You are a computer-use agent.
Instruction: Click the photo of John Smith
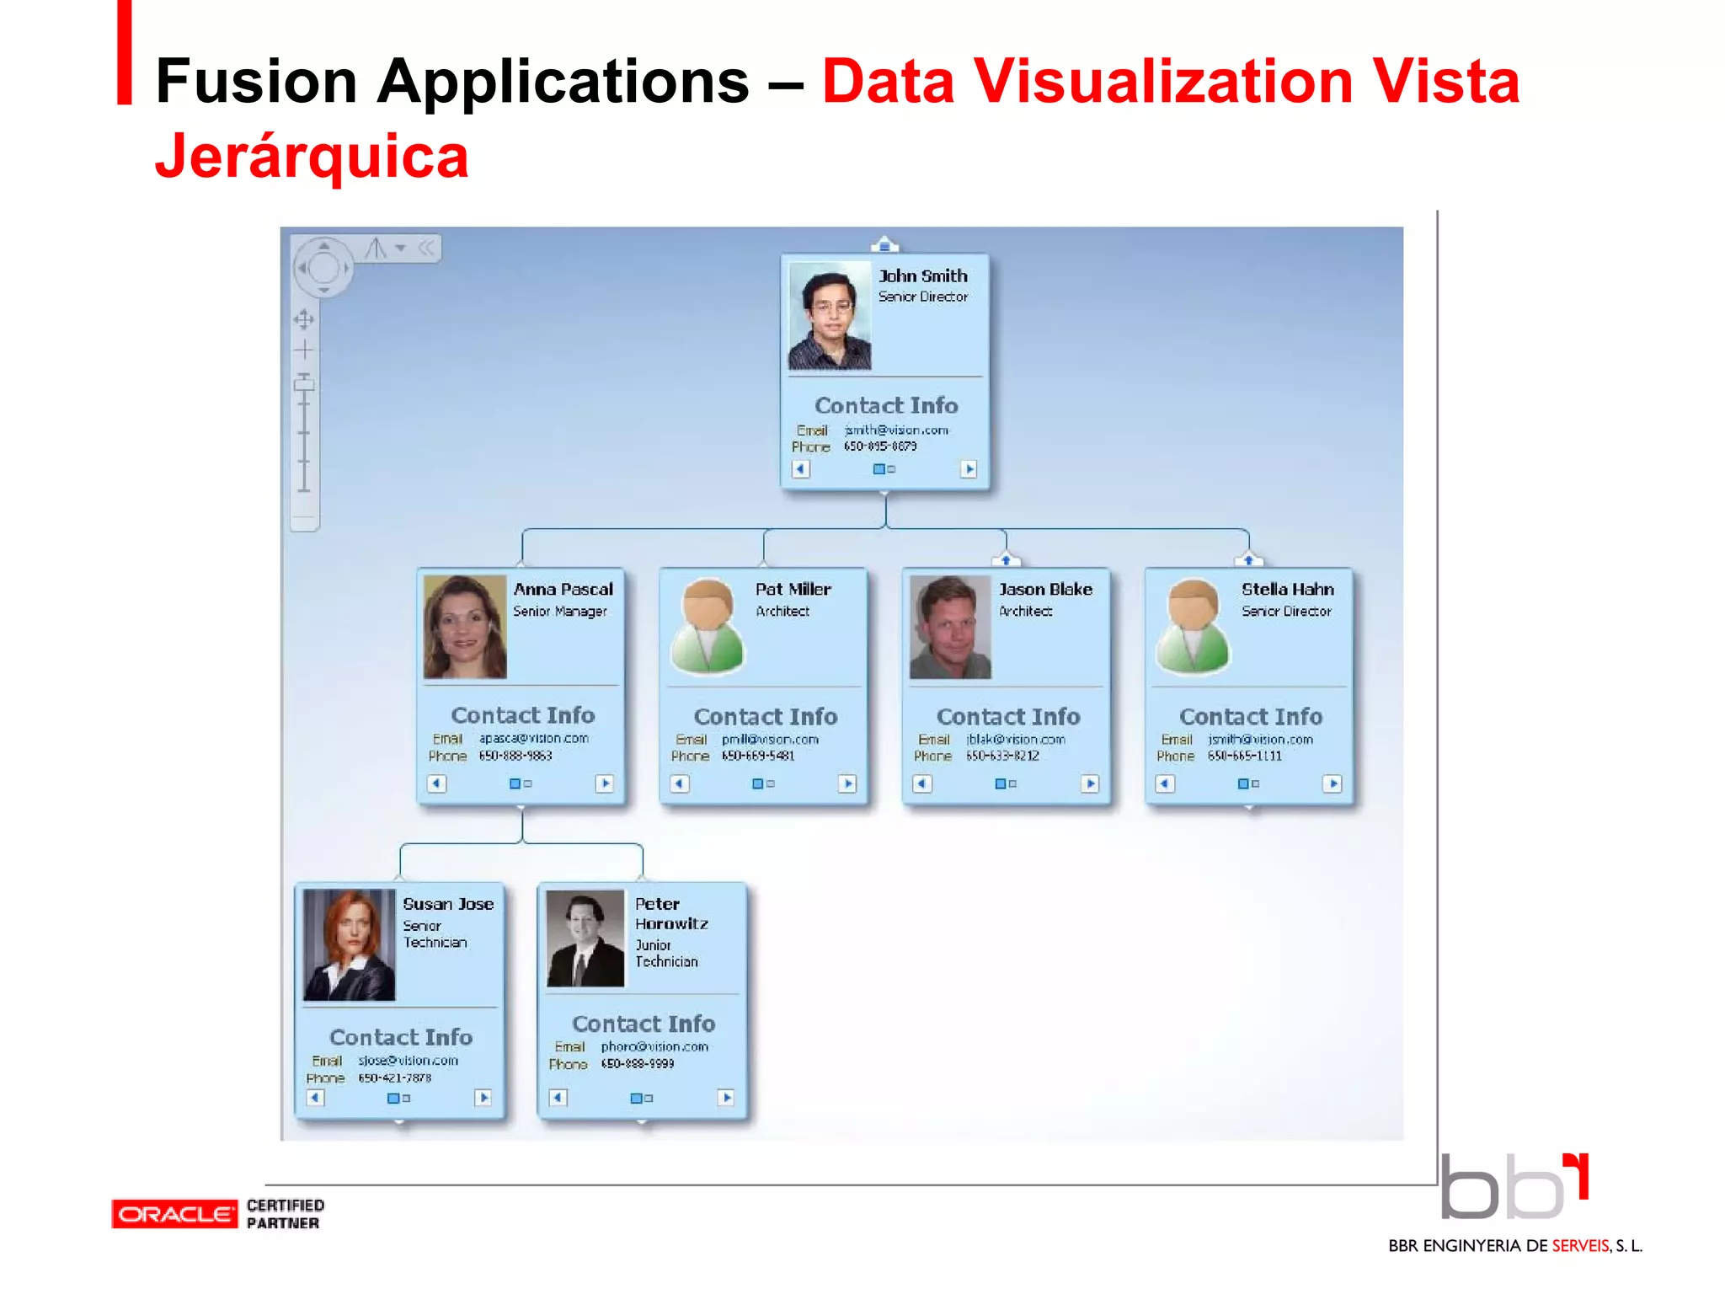click(x=829, y=316)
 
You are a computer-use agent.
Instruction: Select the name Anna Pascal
click(x=563, y=590)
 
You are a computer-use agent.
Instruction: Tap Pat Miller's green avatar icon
click(x=708, y=627)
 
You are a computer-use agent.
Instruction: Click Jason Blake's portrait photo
click(x=950, y=628)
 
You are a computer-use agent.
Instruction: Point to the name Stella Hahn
click(x=1287, y=590)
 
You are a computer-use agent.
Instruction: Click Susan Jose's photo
click(x=349, y=944)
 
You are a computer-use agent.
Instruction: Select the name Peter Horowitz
click(x=670, y=914)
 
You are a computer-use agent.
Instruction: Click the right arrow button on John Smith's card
click(x=969, y=469)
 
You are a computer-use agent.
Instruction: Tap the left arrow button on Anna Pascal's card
click(x=436, y=783)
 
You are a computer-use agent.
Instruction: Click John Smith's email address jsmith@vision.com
click(x=896, y=430)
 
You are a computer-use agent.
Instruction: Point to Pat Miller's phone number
click(x=757, y=757)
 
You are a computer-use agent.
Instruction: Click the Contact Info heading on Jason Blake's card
click(x=1008, y=717)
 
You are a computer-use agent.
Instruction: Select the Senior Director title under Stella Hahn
click(x=1285, y=612)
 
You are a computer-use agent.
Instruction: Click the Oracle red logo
click(x=174, y=1214)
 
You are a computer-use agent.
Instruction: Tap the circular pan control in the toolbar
click(x=323, y=268)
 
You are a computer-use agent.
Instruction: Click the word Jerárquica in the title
click(x=312, y=157)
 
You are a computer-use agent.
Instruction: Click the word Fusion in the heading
click(x=257, y=82)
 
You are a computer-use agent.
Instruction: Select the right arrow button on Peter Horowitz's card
click(x=726, y=1098)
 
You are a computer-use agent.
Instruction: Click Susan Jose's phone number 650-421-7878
click(x=394, y=1078)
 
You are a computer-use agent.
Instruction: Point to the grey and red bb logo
click(x=1514, y=1187)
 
